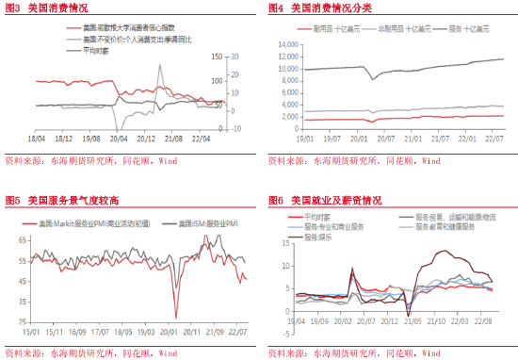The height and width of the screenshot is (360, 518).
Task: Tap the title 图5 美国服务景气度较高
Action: pos(62,201)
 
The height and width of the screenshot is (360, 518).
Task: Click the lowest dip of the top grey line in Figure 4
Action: pos(375,78)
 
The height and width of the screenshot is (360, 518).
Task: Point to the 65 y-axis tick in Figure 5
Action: pos(21,239)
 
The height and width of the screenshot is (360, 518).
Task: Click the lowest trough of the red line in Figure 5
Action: pos(175,318)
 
